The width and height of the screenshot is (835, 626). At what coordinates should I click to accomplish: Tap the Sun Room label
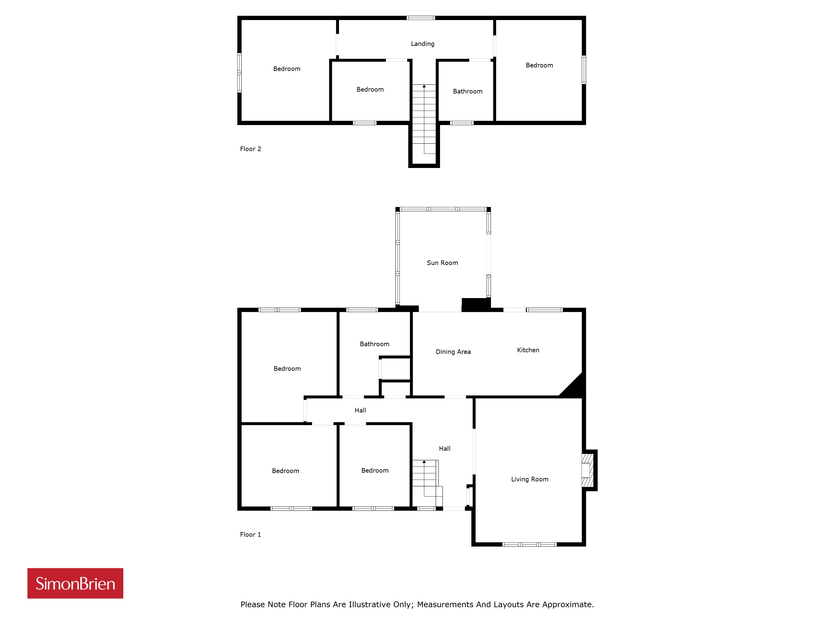tap(442, 263)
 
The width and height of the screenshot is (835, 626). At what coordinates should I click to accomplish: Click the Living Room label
tap(530, 479)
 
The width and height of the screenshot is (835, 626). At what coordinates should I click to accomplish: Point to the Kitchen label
tap(528, 350)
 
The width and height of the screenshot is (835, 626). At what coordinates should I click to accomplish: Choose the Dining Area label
tap(453, 352)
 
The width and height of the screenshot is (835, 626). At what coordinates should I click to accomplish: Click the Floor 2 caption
tap(250, 149)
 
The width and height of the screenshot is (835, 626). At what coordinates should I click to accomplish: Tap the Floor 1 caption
tap(250, 534)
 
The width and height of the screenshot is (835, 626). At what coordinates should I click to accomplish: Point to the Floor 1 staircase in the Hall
tap(426, 483)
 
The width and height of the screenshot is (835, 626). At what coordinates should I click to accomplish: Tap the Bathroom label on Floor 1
tap(374, 344)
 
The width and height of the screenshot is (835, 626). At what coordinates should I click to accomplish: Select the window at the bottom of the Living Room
tap(529, 544)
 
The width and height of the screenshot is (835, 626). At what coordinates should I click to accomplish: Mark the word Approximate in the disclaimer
tap(568, 605)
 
